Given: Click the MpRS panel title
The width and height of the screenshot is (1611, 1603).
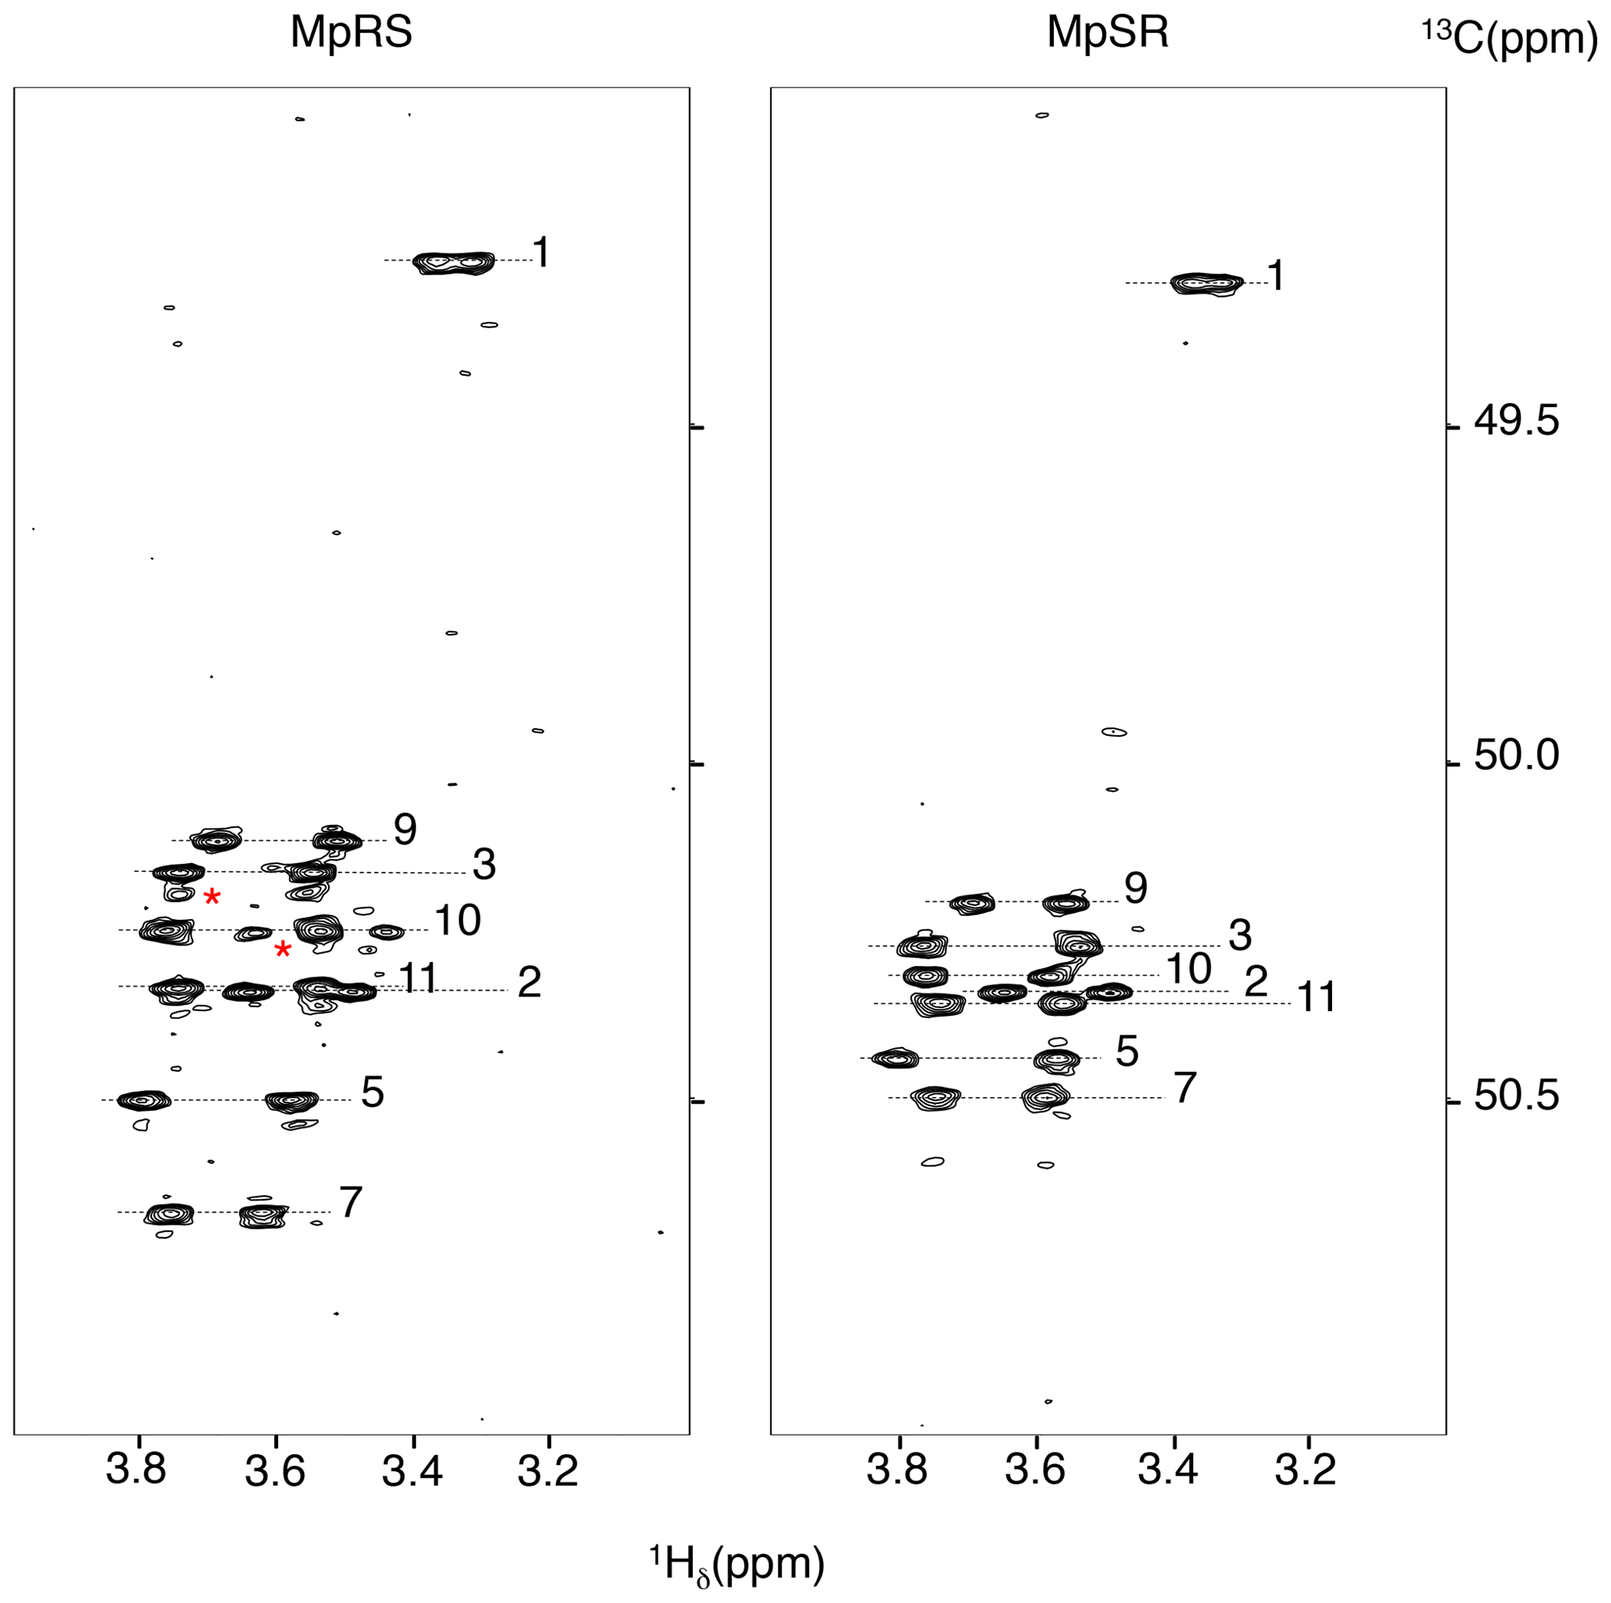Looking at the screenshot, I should coord(351,34).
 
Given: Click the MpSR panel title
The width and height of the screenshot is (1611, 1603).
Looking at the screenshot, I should coord(1108,34).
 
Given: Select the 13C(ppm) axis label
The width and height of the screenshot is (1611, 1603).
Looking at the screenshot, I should coord(1509,39).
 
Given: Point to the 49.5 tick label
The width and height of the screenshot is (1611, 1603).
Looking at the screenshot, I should coord(1516,422).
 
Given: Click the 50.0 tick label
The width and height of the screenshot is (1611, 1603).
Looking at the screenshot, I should coord(1516,755).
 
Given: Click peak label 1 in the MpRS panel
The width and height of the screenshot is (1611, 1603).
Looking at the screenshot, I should coord(541,252).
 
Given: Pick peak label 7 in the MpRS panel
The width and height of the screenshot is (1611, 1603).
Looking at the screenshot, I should coord(351,1203).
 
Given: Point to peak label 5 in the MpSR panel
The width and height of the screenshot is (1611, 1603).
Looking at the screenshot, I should coord(1126,1052).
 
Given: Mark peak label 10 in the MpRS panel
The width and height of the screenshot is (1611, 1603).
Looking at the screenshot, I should coord(457,921).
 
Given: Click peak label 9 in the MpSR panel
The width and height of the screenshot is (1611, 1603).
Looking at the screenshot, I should coord(1136,889).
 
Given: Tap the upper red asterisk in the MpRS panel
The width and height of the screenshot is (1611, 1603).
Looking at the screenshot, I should coord(213,897).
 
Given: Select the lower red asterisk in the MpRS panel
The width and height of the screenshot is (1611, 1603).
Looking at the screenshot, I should coord(283,949).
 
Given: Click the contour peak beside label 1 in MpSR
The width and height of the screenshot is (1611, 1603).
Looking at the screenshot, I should coord(1206,284).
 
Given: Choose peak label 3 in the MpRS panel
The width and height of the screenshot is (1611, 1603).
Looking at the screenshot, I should coord(484,865).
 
